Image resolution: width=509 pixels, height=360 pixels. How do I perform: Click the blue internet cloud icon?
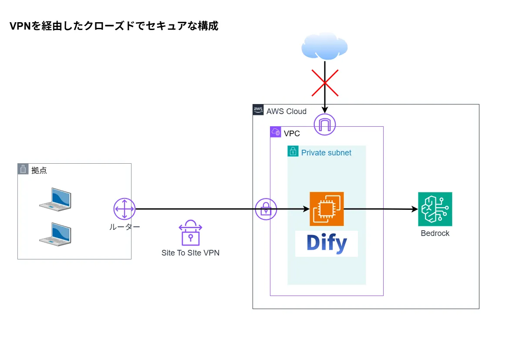click(324, 46)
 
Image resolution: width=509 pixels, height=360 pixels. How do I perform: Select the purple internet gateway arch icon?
click(325, 124)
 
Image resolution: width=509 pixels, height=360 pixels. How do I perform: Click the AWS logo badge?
click(258, 110)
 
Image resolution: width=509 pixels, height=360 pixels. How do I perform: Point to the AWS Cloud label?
click(286, 111)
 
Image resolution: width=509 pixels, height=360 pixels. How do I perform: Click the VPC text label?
click(292, 134)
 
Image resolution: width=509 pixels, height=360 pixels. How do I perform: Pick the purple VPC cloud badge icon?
click(276, 132)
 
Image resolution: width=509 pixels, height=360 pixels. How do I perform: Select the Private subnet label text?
click(326, 153)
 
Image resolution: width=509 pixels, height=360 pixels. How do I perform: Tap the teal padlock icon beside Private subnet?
click(293, 151)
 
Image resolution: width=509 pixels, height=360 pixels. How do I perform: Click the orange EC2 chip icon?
click(327, 209)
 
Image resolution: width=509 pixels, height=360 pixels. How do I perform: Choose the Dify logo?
click(327, 244)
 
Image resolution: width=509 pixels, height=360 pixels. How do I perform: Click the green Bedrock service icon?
click(435, 209)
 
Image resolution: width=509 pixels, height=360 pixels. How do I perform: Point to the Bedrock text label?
click(435, 233)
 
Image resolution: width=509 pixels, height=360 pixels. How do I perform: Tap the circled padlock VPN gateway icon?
click(266, 209)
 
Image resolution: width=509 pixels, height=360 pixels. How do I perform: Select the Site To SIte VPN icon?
click(190, 233)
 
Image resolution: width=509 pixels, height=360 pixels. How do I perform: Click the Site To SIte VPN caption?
click(190, 253)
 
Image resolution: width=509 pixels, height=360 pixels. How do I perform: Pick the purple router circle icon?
click(125, 209)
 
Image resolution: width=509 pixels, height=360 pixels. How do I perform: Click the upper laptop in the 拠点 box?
click(55, 199)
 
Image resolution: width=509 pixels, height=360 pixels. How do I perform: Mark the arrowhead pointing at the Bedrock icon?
click(415, 209)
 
